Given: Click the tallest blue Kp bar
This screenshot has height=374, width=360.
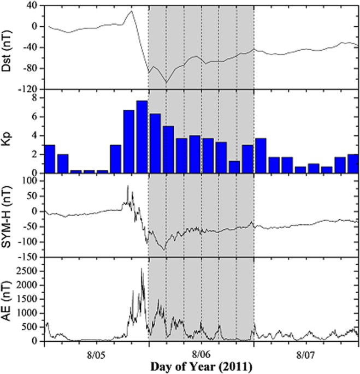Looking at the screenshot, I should (142, 136).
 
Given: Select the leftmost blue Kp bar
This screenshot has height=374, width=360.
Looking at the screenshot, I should (50, 159).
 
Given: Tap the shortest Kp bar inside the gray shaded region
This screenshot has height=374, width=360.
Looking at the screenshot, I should (234, 167).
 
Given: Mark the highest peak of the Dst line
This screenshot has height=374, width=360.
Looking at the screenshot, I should (131, 11).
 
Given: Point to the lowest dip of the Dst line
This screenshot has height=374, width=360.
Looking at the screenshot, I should (166, 82).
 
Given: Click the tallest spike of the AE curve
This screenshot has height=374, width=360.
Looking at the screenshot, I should (141, 269).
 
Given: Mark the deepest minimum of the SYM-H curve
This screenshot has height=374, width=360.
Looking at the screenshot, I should (164, 249).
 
